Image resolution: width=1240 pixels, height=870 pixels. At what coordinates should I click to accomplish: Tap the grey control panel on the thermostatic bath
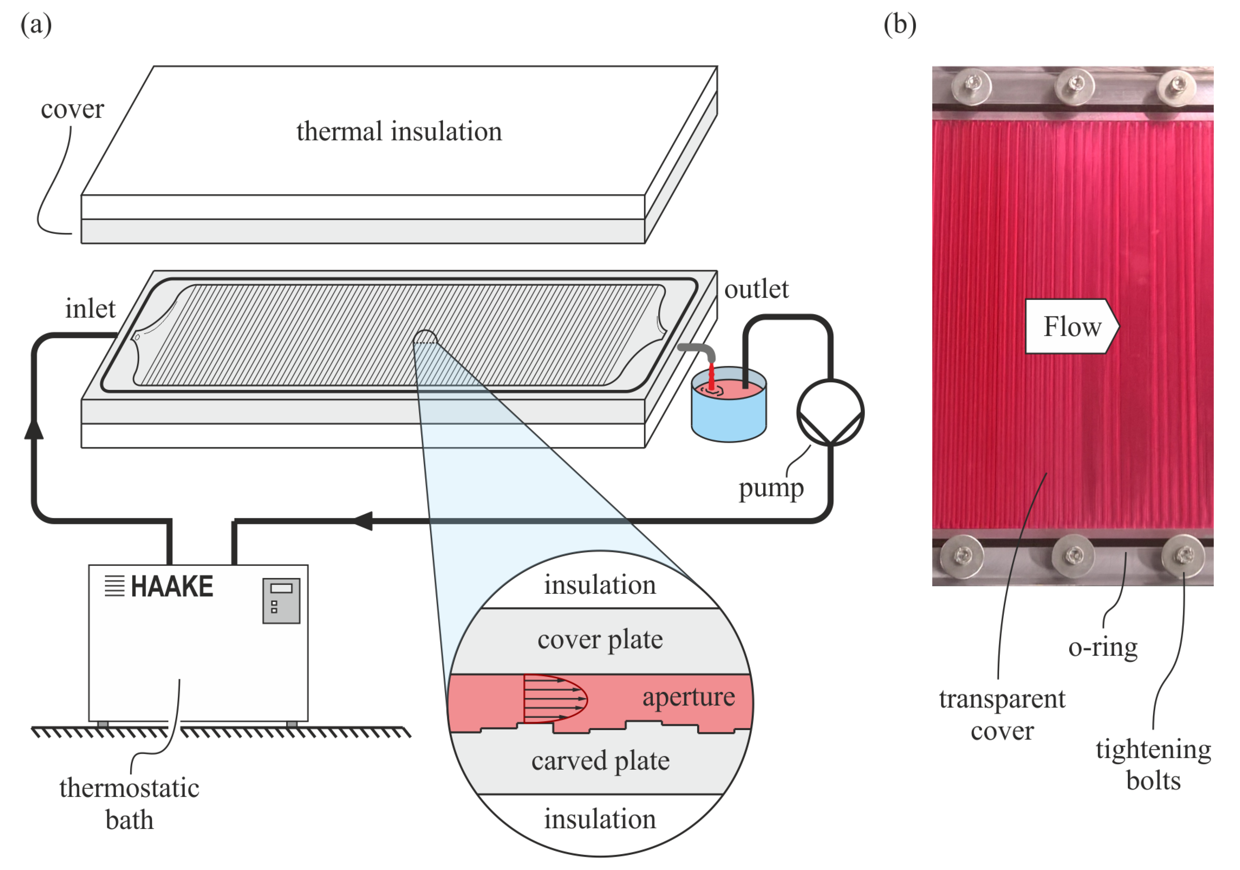click(x=281, y=600)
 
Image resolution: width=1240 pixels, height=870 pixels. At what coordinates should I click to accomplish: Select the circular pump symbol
click(x=830, y=412)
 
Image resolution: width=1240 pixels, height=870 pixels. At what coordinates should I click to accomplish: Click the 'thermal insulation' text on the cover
click(x=399, y=131)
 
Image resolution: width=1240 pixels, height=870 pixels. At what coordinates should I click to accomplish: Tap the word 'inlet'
click(x=90, y=309)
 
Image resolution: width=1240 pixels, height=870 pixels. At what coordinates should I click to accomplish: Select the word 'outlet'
click(x=756, y=289)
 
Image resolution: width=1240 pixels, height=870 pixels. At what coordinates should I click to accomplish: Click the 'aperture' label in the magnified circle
click(x=688, y=697)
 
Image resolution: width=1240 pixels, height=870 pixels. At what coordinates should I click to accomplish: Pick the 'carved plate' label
click(x=600, y=761)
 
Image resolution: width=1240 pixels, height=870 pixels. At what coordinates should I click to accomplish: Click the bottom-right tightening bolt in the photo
click(x=1183, y=555)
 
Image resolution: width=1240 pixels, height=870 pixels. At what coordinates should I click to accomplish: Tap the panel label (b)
click(x=900, y=25)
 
